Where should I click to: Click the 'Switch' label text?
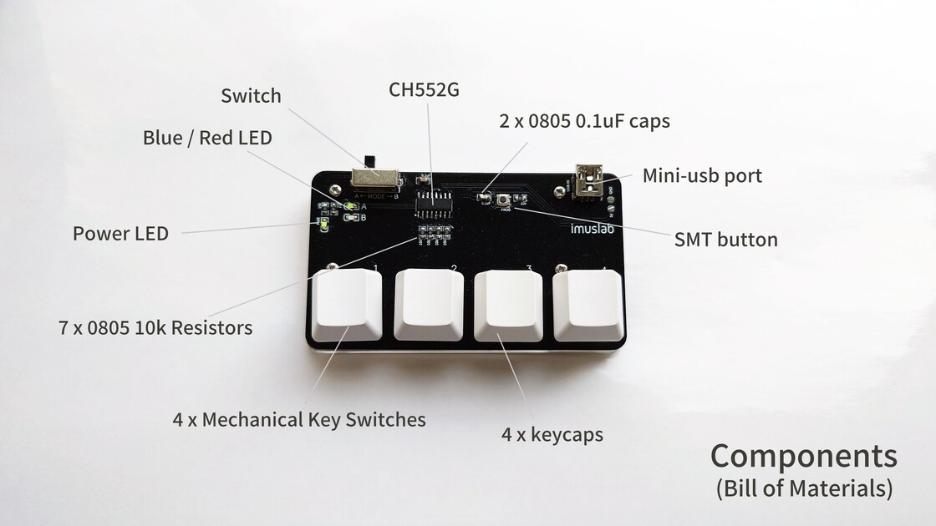click(251, 96)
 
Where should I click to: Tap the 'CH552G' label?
click(424, 90)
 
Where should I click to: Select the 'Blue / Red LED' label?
click(207, 138)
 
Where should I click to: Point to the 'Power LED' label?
click(120, 234)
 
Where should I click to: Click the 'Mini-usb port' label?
click(702, 176)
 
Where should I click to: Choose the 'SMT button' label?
click(725, 240)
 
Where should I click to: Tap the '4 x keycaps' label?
click(552, 435)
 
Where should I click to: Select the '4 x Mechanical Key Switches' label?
click(299, 419)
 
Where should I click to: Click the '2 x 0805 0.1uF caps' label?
click(584, 121)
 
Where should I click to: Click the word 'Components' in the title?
click(803, 457)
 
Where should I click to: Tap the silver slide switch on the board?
click(374, 177)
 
